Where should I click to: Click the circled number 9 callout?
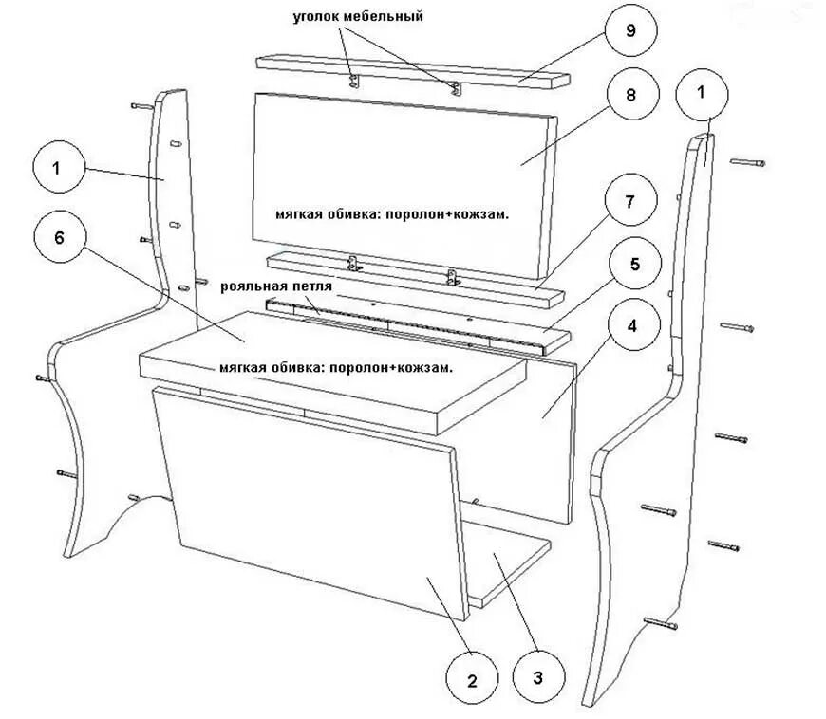click(629, 30)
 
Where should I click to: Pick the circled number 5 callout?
click(629, 264)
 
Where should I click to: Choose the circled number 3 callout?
click(537, 677)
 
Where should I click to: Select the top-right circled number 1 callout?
click(702, 93)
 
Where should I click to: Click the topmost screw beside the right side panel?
click(747, 163)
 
